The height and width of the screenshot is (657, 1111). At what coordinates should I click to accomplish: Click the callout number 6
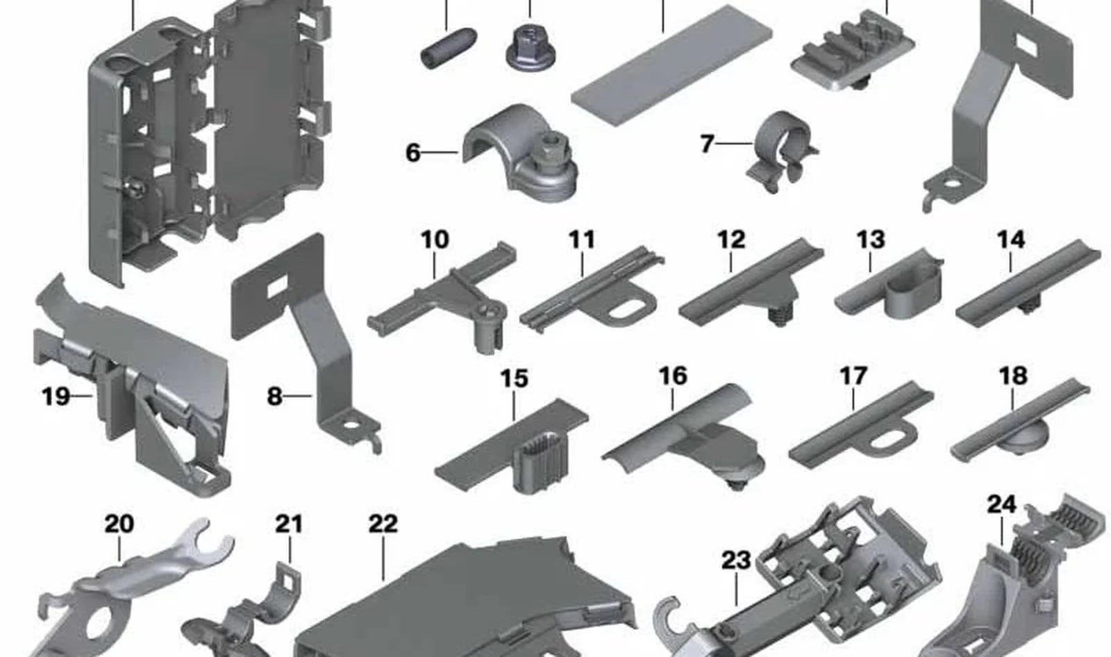tap(413, 152)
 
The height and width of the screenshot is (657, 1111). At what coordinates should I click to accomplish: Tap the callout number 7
tap(708, 144)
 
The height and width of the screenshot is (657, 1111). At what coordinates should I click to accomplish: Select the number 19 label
tap(56, 397)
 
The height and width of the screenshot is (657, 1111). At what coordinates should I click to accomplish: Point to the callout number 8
tap(274, 397)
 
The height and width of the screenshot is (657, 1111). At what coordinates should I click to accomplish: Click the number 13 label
tap(871, 240)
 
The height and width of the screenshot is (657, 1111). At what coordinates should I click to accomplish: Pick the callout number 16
tap(673, 376)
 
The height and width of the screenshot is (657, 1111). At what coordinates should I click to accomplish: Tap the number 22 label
tap(383, 524)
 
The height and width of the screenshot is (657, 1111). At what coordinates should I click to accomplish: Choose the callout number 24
tap(1002, 505)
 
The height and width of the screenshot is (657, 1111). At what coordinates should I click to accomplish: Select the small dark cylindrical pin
tap(449, 48)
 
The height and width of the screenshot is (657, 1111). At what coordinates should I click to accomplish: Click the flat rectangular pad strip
tap(672, 65)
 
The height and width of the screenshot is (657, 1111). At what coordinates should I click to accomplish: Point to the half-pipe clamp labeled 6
tap(521, 153)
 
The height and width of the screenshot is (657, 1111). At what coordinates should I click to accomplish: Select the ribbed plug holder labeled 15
tap(511, 447)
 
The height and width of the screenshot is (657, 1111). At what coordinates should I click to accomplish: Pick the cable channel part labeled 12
tap(751, 283)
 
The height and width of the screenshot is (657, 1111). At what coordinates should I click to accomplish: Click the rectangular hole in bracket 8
tap(278, 286)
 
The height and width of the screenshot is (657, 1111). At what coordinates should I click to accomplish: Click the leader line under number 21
tap(290, 549)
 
